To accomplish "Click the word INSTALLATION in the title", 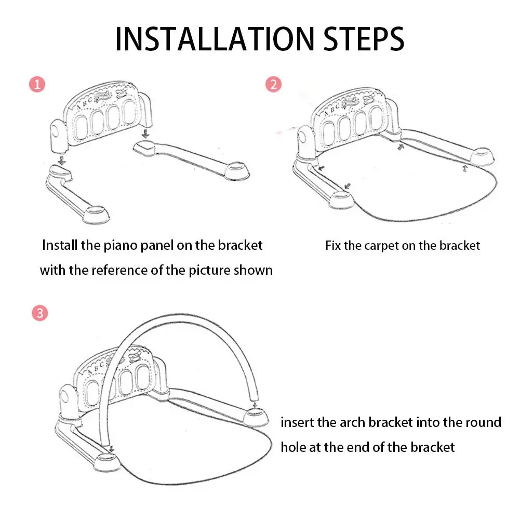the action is click(x=215, y=39).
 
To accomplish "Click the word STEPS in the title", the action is click(x=364, y=39).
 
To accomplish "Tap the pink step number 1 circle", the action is click(x=37, y=84).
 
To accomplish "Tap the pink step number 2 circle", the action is click(x=274, y=84).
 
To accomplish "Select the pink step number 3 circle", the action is click(x=40, y=313).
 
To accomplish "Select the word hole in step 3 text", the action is click(x=293, y=447).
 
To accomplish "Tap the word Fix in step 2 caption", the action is click(x=332, y=246).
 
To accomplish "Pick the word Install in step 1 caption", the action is click(x=60, y=245).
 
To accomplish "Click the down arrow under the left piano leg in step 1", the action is click(x=62, y=161).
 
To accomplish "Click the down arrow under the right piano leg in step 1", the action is click(x=145, y=134).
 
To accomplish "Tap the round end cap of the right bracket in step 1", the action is click(x=237, y=171).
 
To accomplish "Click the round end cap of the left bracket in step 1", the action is click(x=96, y=214).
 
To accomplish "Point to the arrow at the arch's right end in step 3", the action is click(x=255, y=405).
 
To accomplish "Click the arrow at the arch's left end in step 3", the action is click(x=111, y=449).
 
